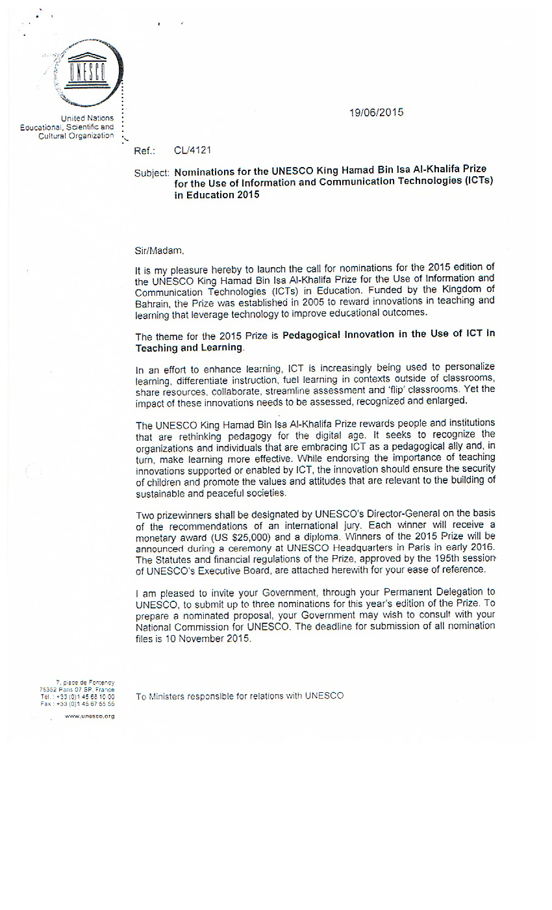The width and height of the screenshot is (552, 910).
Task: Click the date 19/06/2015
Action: tap(376, 112)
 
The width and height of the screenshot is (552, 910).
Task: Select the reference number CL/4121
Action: tap(192, 151)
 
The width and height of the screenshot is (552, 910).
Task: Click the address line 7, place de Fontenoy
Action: tap(85, 682)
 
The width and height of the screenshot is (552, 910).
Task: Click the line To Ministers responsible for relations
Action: tap(240, 696)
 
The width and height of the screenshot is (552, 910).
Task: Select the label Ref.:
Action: tap(145, 151)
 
